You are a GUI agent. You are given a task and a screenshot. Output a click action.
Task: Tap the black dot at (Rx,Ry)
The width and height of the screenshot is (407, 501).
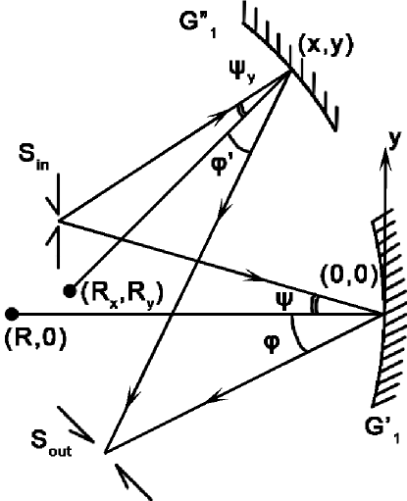click(70, 290)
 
